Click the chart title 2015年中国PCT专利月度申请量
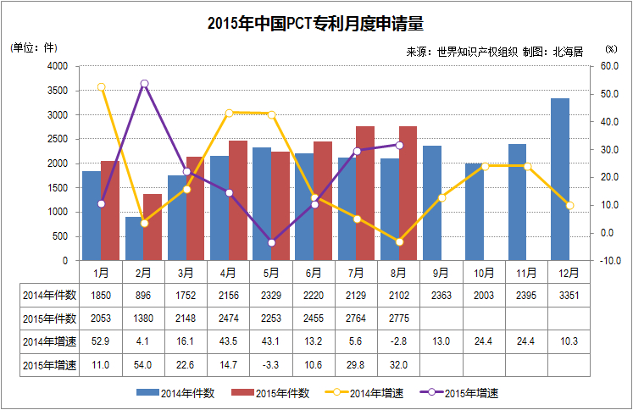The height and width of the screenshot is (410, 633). [x=315, y=24]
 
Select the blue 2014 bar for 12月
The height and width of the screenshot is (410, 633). [x=560, y=180]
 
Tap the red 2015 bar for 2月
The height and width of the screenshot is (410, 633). [x=153, y=227]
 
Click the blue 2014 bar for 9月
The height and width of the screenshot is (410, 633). [x=432, y=203]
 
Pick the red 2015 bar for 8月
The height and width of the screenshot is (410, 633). [x=408, y=193]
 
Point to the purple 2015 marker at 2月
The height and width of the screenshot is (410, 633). [x=145, y=84]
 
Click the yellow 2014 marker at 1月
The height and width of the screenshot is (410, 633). [x=102, y=87]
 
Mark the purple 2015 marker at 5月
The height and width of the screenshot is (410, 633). [x=272, y=243]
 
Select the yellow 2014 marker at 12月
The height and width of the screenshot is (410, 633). [x=569, y=206]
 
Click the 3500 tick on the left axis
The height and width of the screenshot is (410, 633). [x=58, y=91]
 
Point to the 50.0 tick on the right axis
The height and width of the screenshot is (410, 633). [x=609, y=94]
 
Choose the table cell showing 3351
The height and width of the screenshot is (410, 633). [x=569, y=296]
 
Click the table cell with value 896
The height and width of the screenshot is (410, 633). [x=143, y=296]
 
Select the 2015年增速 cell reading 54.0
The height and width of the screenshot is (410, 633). [x=143, y=365]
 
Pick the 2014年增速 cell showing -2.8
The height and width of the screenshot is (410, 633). [x=398, y=341]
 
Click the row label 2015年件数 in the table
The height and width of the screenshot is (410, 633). [x=50, y=319]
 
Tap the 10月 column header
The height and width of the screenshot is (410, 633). [x=484, y=274]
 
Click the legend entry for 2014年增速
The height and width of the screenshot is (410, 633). [x=364, y=393]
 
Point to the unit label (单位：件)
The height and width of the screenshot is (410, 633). [x=34, y=47]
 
